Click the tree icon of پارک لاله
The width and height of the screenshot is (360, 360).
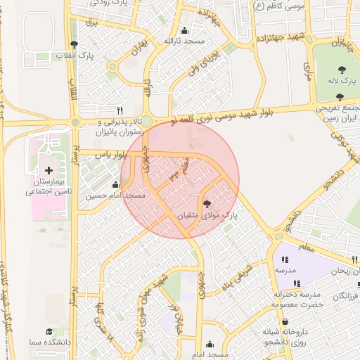click(342, 70)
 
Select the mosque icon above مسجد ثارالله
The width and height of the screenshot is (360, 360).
click(184, 30)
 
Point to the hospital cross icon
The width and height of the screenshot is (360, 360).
click(49, 170)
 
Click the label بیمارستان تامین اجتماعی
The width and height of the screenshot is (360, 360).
click(45, 186)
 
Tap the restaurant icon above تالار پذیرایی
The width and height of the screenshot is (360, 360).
click(120, 111)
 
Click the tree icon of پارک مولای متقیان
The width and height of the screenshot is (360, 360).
click(207, 204)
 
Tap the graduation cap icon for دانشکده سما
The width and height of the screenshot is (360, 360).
click(49, 331)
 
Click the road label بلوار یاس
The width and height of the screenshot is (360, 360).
click(112, 154)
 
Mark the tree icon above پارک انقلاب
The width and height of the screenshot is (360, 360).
click(74, 44)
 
